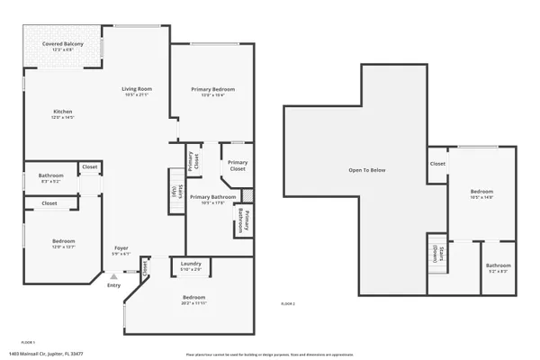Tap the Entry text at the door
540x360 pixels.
pyautogui.click(x=113, y=286)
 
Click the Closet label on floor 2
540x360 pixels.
pyautogui.click(x=436, y=164)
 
